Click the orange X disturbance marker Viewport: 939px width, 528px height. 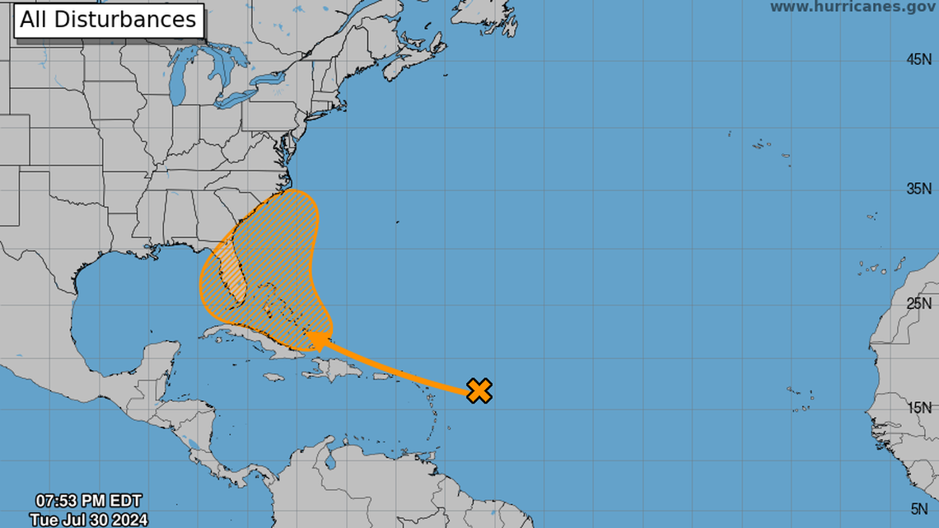pyautogui.click(x=479, y=390)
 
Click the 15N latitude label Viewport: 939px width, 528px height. pyautogui.click(x=920, y=408)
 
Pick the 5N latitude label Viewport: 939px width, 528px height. pyautogui.click(x=923, y=509)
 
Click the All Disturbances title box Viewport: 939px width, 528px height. pyautogui.click(x=108, y=20)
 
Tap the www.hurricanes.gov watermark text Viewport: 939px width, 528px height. pyautogui.click(x=853, y=7)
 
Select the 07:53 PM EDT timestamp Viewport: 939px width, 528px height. pyautogui.click(x=88, y=501)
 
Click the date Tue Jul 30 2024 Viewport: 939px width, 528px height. pyautogui.click(x=88, y=519)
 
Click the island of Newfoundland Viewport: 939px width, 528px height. pyautogui.click(x=494, y=21)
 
